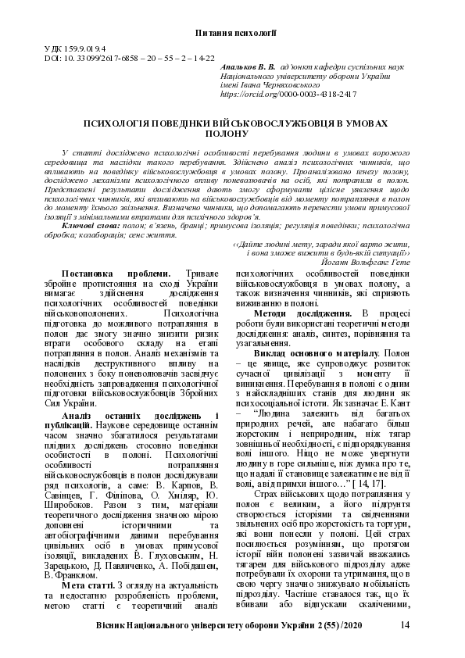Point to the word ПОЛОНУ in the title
point(232,134)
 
